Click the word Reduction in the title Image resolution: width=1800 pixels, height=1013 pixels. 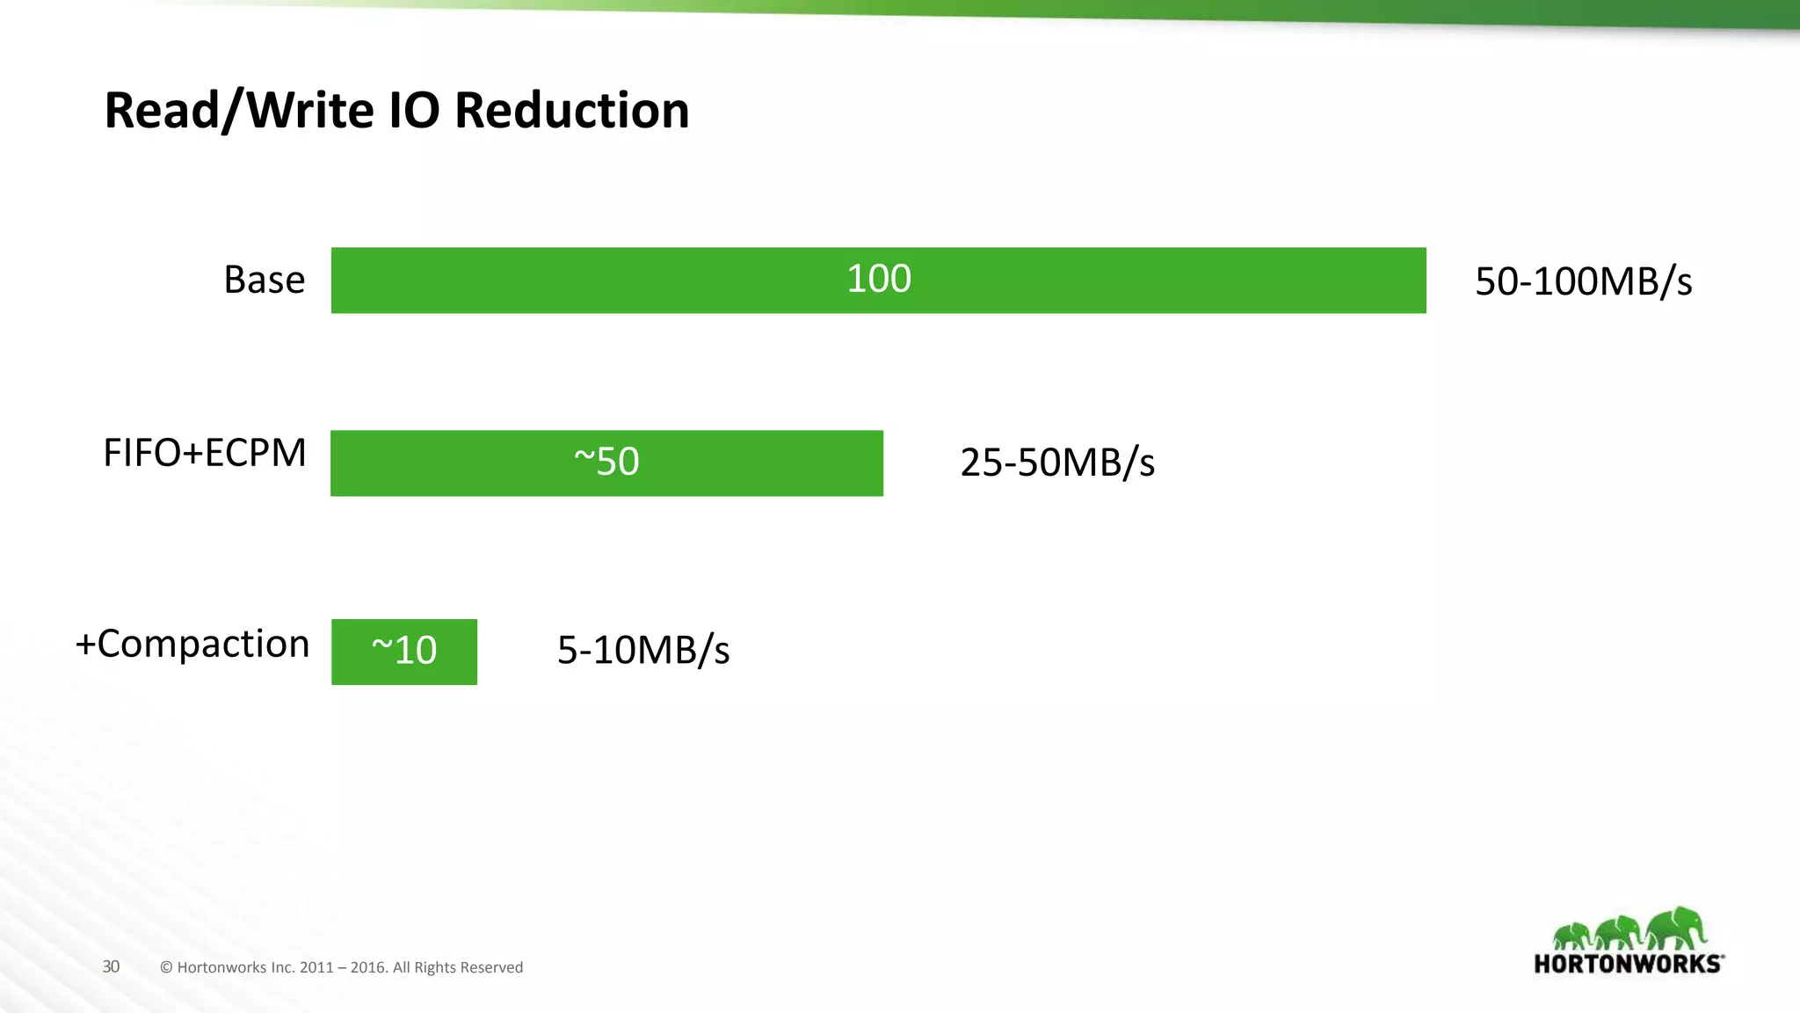571,111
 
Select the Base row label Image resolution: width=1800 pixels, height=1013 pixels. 264,281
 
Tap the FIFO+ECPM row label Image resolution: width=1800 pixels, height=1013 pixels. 205,454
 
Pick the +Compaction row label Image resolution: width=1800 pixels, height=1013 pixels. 192,645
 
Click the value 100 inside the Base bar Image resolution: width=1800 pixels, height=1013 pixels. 878,280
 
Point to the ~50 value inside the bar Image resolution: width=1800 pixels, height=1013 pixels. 606,462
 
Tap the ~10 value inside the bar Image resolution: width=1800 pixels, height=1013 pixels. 404,651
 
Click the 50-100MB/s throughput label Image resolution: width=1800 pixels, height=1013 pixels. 1583,282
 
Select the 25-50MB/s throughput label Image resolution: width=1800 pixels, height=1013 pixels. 1057,463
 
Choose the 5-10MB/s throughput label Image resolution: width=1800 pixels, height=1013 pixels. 643,651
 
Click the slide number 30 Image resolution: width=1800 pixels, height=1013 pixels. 111,966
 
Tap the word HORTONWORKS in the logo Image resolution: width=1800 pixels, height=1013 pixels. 1628,964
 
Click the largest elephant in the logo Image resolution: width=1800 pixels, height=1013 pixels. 1677,928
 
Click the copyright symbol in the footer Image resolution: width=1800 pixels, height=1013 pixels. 166,967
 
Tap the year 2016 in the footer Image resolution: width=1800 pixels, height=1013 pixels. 368,967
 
